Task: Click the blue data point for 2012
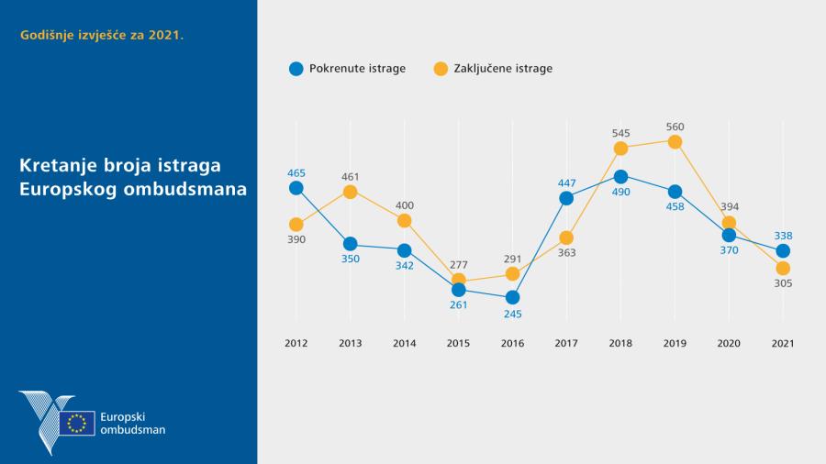[296, 188]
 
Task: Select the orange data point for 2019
[675, 141]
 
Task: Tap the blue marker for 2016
[512, 297]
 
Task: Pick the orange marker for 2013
[350, 192]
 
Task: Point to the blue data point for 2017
[566, 198]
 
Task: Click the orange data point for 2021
[783, 268]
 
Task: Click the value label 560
[675, 127]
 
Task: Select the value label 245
[512, 313]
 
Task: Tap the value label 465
[296, 172]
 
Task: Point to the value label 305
[783, 283]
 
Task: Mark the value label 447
[566, 182]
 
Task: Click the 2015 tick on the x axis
[458, 343]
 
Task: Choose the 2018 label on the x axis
[620, 343]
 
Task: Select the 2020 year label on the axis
[729, 343]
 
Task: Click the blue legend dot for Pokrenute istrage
[296, 68]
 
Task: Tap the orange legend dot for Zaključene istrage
[441, 68]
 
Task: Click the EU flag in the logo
[77, 423]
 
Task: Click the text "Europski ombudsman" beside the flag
[132, 423]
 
